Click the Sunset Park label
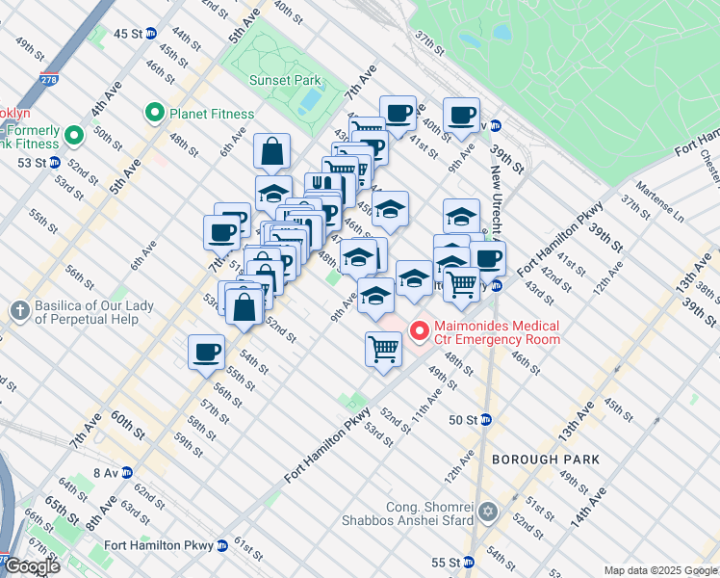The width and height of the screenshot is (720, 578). pos(282,81)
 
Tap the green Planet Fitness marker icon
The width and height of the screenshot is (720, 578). pos(153,114)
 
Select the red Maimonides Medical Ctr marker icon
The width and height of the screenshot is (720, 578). pos(420,331)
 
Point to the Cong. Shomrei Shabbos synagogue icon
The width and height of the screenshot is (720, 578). pos(488,512)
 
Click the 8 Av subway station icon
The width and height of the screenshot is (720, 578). pos(127,473)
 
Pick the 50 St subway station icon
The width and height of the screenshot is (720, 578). pos(486,419)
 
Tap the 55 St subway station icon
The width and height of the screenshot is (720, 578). pos(469,563)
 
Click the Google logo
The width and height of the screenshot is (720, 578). pos(32,566)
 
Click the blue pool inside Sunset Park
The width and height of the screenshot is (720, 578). pos(310,99)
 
